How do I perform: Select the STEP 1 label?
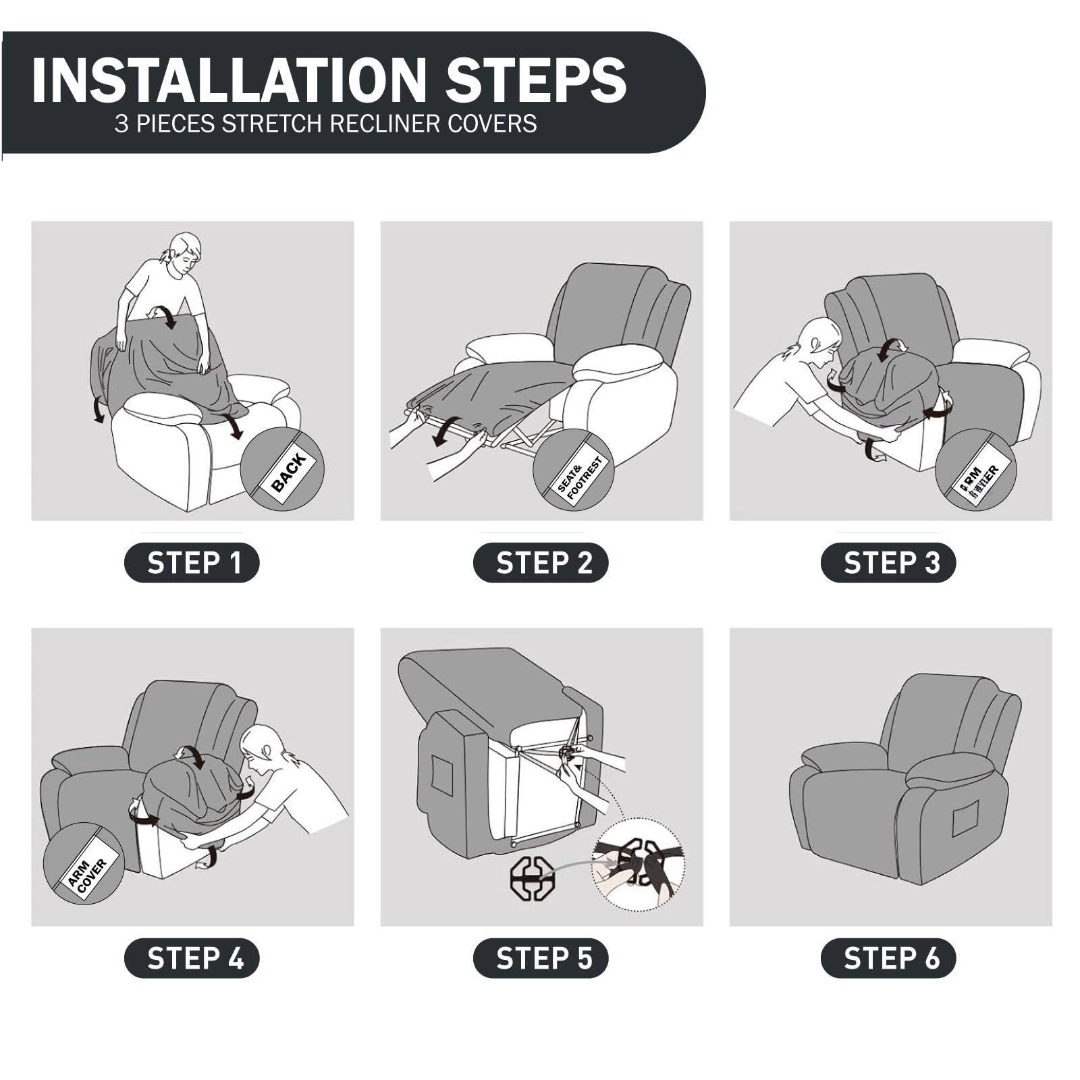192,562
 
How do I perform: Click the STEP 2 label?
541,562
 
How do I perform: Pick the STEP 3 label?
888,562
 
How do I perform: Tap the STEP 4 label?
192,958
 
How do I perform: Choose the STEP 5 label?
541,958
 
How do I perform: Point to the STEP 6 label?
888,958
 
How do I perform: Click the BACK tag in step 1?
288,471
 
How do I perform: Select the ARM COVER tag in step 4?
87,877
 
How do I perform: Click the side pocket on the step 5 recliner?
441,775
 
